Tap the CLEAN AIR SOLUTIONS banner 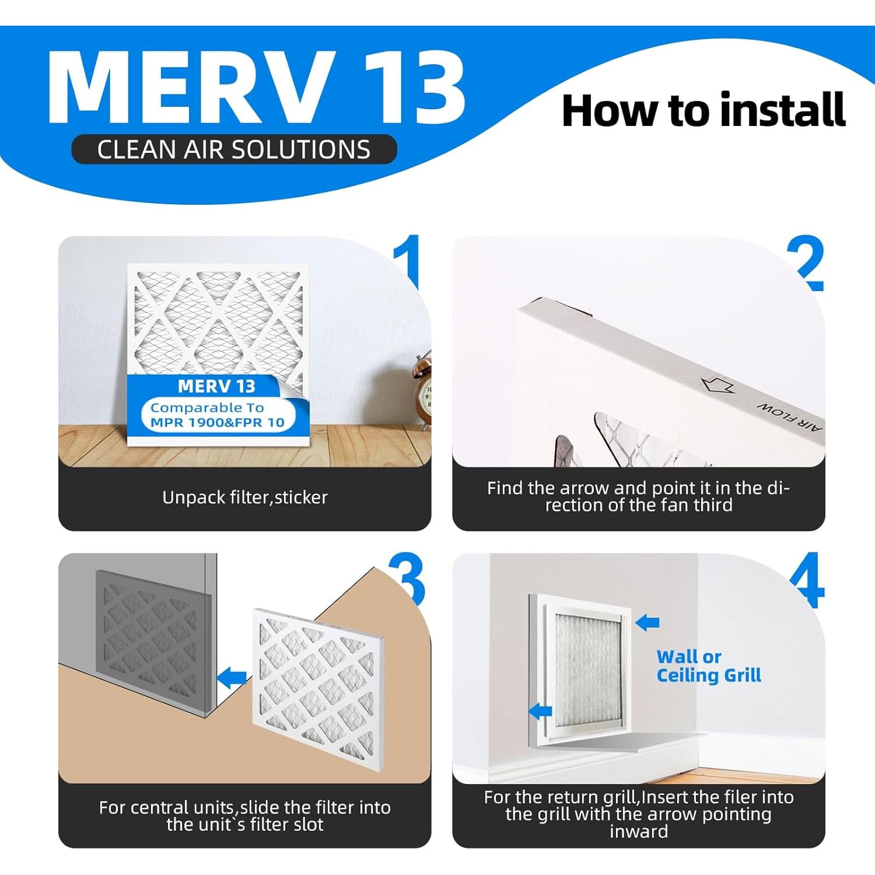pos(234,149)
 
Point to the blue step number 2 pos(806,264)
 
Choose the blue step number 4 pos(807,580)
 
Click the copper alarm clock pos(423,390)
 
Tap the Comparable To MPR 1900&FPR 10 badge pos(218,415)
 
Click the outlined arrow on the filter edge pos(717,384)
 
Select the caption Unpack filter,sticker pos(245,498)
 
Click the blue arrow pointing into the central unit pos(232,678)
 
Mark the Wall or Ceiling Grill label pos(709,666)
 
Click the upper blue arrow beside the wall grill pos(647,622)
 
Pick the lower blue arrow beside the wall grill pos(540,710)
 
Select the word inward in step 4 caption pos(639,831)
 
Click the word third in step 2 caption pos(713,505)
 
